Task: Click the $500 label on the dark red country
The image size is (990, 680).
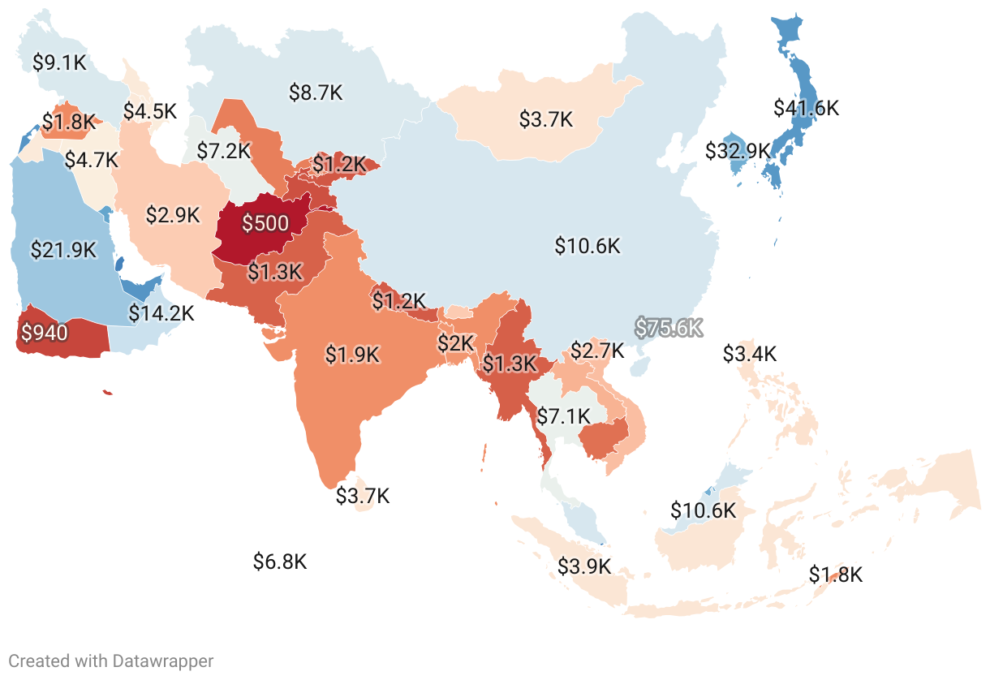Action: coord(265,224)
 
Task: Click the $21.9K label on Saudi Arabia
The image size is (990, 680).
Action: coord(62,251)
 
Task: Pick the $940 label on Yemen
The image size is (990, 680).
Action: coord(45,332)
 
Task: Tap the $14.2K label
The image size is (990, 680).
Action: coord(161,313)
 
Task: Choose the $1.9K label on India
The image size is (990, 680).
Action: coord(352,355)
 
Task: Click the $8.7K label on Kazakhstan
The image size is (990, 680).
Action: coord(316,93)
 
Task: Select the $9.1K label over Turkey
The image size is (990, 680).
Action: coord(59,62)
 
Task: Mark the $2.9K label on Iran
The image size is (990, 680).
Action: coord(173,215)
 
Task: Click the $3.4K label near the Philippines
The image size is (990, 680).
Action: coord(750,354)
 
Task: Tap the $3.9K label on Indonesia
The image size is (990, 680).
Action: coord(584,566)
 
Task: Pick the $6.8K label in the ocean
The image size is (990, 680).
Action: coord(280,562)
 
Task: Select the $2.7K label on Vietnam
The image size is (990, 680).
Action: coord(597,351)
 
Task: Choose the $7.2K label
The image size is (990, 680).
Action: coord(224,150)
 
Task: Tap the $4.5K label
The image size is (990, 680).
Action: coord(149,110)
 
